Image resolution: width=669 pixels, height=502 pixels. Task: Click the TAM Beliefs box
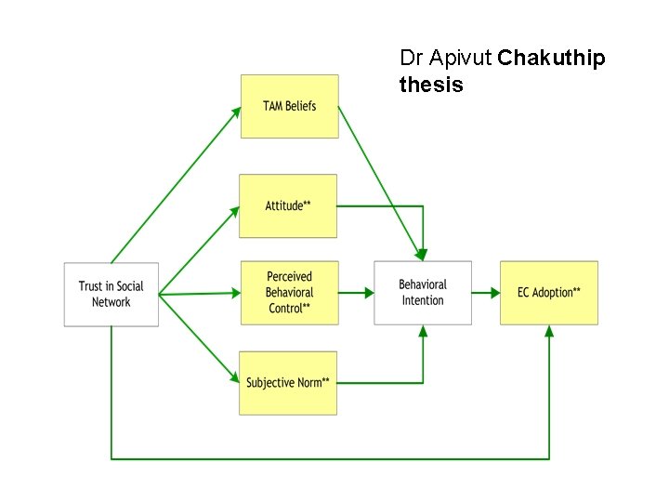tap(289, 106)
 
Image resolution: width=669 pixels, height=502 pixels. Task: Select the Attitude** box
tap(288, 205)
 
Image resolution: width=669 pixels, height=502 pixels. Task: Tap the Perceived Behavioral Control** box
tap(289, 293)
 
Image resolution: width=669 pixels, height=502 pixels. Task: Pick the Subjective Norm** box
tap(288, 382)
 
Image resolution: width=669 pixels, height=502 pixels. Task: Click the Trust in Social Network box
tap(111, 294)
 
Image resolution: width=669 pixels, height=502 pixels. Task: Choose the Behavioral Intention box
tap(423, 293)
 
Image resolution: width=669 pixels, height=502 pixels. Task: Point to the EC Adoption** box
tap(548, 293)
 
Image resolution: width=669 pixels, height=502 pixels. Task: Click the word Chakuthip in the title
tap(551, 58)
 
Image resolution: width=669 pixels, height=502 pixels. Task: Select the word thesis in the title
tap(431, 85)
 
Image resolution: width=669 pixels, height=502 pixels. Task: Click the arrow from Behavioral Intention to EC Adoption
tap(485, 293)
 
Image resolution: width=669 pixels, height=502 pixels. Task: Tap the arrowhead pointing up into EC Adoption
tap(548, 331)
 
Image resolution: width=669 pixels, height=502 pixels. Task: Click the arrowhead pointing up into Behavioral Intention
tap(423, 331)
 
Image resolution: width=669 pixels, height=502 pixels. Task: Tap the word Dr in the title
tap(410, 58)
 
